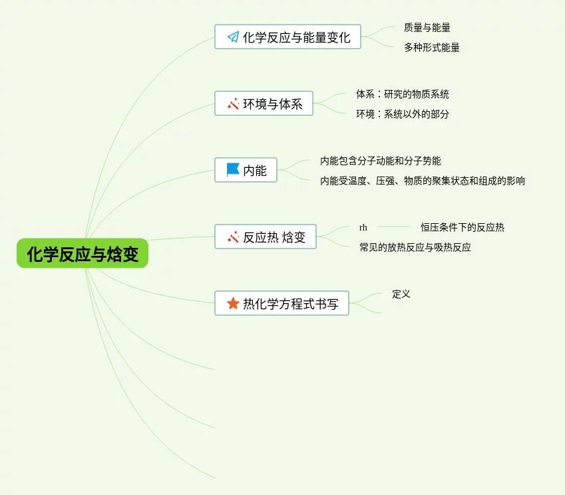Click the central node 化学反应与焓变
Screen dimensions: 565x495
click(83, 254)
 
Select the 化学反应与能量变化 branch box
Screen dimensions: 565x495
click(287, 37)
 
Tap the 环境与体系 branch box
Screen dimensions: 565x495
click(264, 104)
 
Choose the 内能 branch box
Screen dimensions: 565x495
click(246, 171)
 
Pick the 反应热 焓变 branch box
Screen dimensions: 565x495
click(265, 237)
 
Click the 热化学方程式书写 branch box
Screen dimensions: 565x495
click(282, 304)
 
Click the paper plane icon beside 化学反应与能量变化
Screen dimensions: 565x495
click(233, 37)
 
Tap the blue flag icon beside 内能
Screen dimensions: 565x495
click(233, 171)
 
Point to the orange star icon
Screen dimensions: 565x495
click(233, 304)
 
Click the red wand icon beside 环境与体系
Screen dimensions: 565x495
click(233, 104)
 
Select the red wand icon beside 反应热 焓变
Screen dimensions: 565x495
click(233, 237)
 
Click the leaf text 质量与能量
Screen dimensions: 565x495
click(427, 28)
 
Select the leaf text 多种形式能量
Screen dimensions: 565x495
click(431, 48)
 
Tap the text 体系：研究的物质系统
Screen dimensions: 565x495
click(402, 95)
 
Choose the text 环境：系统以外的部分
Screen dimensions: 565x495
click(402, 114)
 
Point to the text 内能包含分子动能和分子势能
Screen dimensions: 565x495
click(380, 161)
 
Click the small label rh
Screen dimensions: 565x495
click(363, 228)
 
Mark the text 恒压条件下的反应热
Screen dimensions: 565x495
click(462, 228)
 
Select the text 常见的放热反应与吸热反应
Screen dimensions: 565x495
click(415, 248)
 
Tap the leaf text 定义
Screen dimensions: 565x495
click(401, 294)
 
